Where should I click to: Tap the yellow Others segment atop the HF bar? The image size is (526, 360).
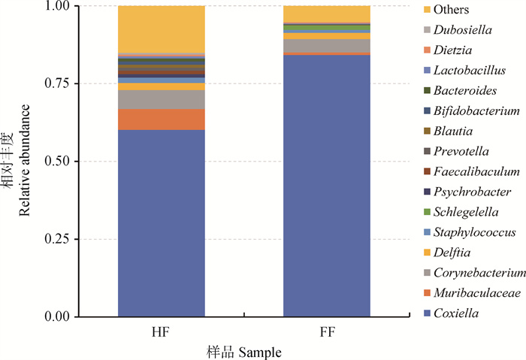pyautogui.click(x=162, y=29)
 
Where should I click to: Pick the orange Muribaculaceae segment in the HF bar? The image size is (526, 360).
pyautogui.click(x=162, y=119)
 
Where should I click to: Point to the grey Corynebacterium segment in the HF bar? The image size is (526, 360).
pyautogui.click(x=162, y=99)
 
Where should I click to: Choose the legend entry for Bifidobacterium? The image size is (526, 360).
pyautogui.click(x=477, y=110)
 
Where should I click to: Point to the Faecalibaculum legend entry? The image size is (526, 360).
pyautogui.click(x=477, y=171)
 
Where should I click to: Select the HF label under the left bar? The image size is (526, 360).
pyautogui.click(x=161, y=331)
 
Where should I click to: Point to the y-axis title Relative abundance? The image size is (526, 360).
pyautogui.click(x=25, y=162)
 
